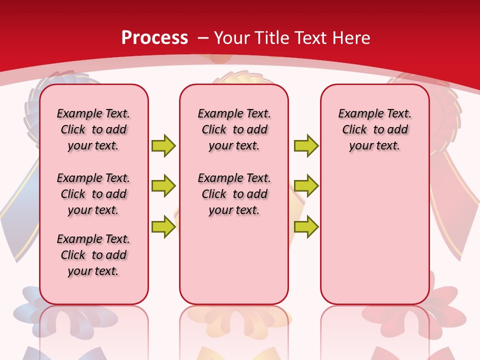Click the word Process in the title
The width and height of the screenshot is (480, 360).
click(154, 38)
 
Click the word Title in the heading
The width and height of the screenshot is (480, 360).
click(270, 38)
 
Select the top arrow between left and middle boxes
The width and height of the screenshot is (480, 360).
click(163, 145)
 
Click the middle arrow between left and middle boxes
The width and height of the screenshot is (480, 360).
click(163, 186)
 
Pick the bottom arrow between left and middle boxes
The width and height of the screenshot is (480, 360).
click(163, 226)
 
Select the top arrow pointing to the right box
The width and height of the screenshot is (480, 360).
click(306, 145)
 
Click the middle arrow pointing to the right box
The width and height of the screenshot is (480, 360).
click(306, 186)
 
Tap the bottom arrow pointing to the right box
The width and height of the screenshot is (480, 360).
click(306, 226)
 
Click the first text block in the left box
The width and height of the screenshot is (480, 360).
click(93, 129)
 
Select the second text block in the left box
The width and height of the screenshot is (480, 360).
click(93, 194)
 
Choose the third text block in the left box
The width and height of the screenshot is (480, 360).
click(93, 255)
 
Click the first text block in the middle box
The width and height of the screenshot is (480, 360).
click(234, 129)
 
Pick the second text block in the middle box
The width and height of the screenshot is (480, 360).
click(234, 194)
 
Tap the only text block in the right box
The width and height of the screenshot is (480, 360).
click(375, 129)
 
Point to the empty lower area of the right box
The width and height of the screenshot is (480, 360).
click(375, 235)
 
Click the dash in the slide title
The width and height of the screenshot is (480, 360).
click(203, 38)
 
